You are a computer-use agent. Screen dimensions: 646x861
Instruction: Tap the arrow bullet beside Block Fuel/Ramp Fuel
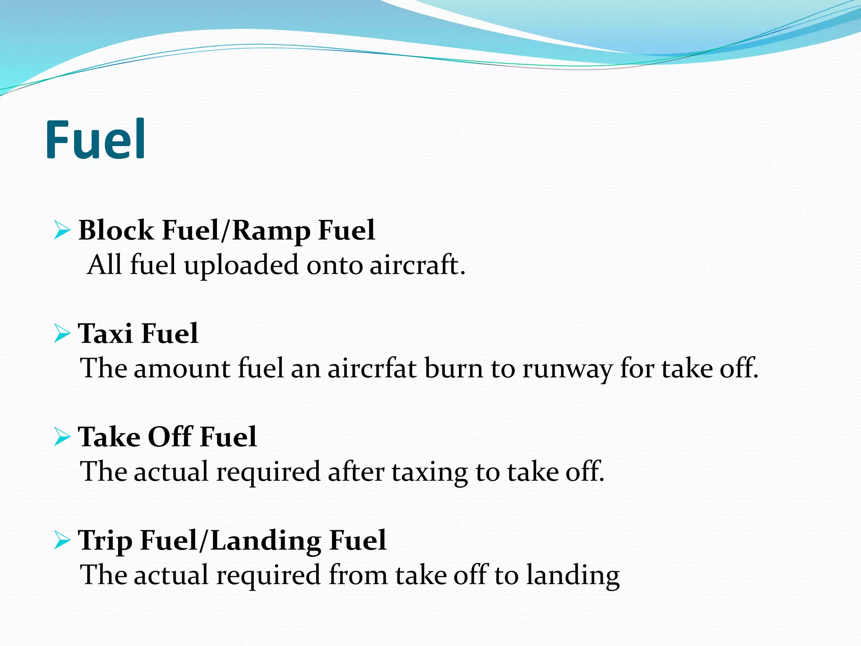[62, 231]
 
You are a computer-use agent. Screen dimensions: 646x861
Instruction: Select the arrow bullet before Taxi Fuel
[62, 334]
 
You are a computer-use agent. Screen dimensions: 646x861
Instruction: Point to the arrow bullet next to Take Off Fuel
[62, 437]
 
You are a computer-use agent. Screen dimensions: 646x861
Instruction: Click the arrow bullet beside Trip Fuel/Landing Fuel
[62, 540]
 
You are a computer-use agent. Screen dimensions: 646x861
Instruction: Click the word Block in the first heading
[116, 230]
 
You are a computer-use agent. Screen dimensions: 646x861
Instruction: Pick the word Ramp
[271, 231]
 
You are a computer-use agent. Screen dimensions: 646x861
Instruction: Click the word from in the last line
[358, 575]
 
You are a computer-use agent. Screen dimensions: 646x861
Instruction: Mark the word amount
[182, 368]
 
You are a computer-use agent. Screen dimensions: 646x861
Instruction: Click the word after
[356, 471]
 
